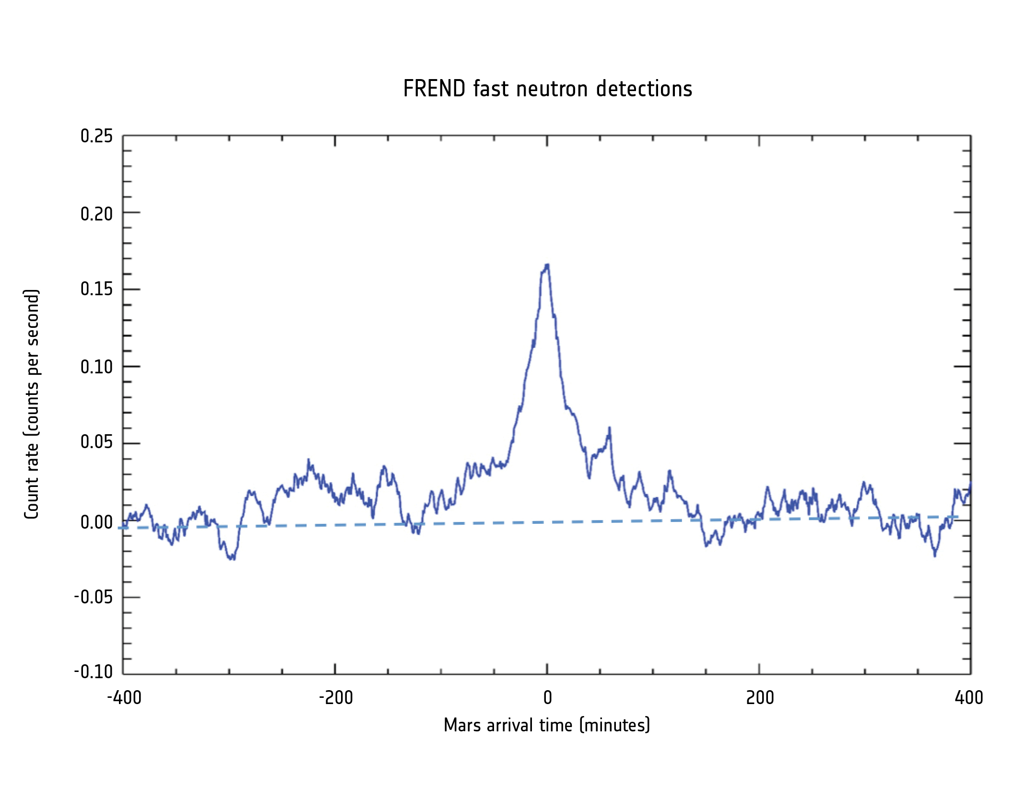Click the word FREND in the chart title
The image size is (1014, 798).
(x=434, y=89)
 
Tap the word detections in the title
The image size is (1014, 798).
(x=644, y=89)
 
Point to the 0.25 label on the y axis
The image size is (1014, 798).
(x=96, y=136)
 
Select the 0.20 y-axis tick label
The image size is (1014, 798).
(x=96, y=214)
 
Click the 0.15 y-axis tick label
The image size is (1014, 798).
(x=96, y=289)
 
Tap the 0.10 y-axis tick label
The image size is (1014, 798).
(x=96, y=367)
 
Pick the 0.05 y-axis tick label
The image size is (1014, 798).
(x=96, y=442)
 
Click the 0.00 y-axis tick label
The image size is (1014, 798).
(x=96, y=522)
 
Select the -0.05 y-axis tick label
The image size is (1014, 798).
(x=93, y=597)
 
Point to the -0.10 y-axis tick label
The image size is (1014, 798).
(x=93, y=671)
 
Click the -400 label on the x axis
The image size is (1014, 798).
(x=124, y=697)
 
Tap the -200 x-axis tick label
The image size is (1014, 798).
(x=336, y=697)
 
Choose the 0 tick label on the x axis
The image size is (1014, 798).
(x=547, y=697)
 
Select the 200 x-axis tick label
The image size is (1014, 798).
(x=760, y=697)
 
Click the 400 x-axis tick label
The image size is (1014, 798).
(x=969, y=697)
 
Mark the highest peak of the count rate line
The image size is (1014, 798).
(x=547, y=265)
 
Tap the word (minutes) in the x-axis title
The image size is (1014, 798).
(x=614, y=725)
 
